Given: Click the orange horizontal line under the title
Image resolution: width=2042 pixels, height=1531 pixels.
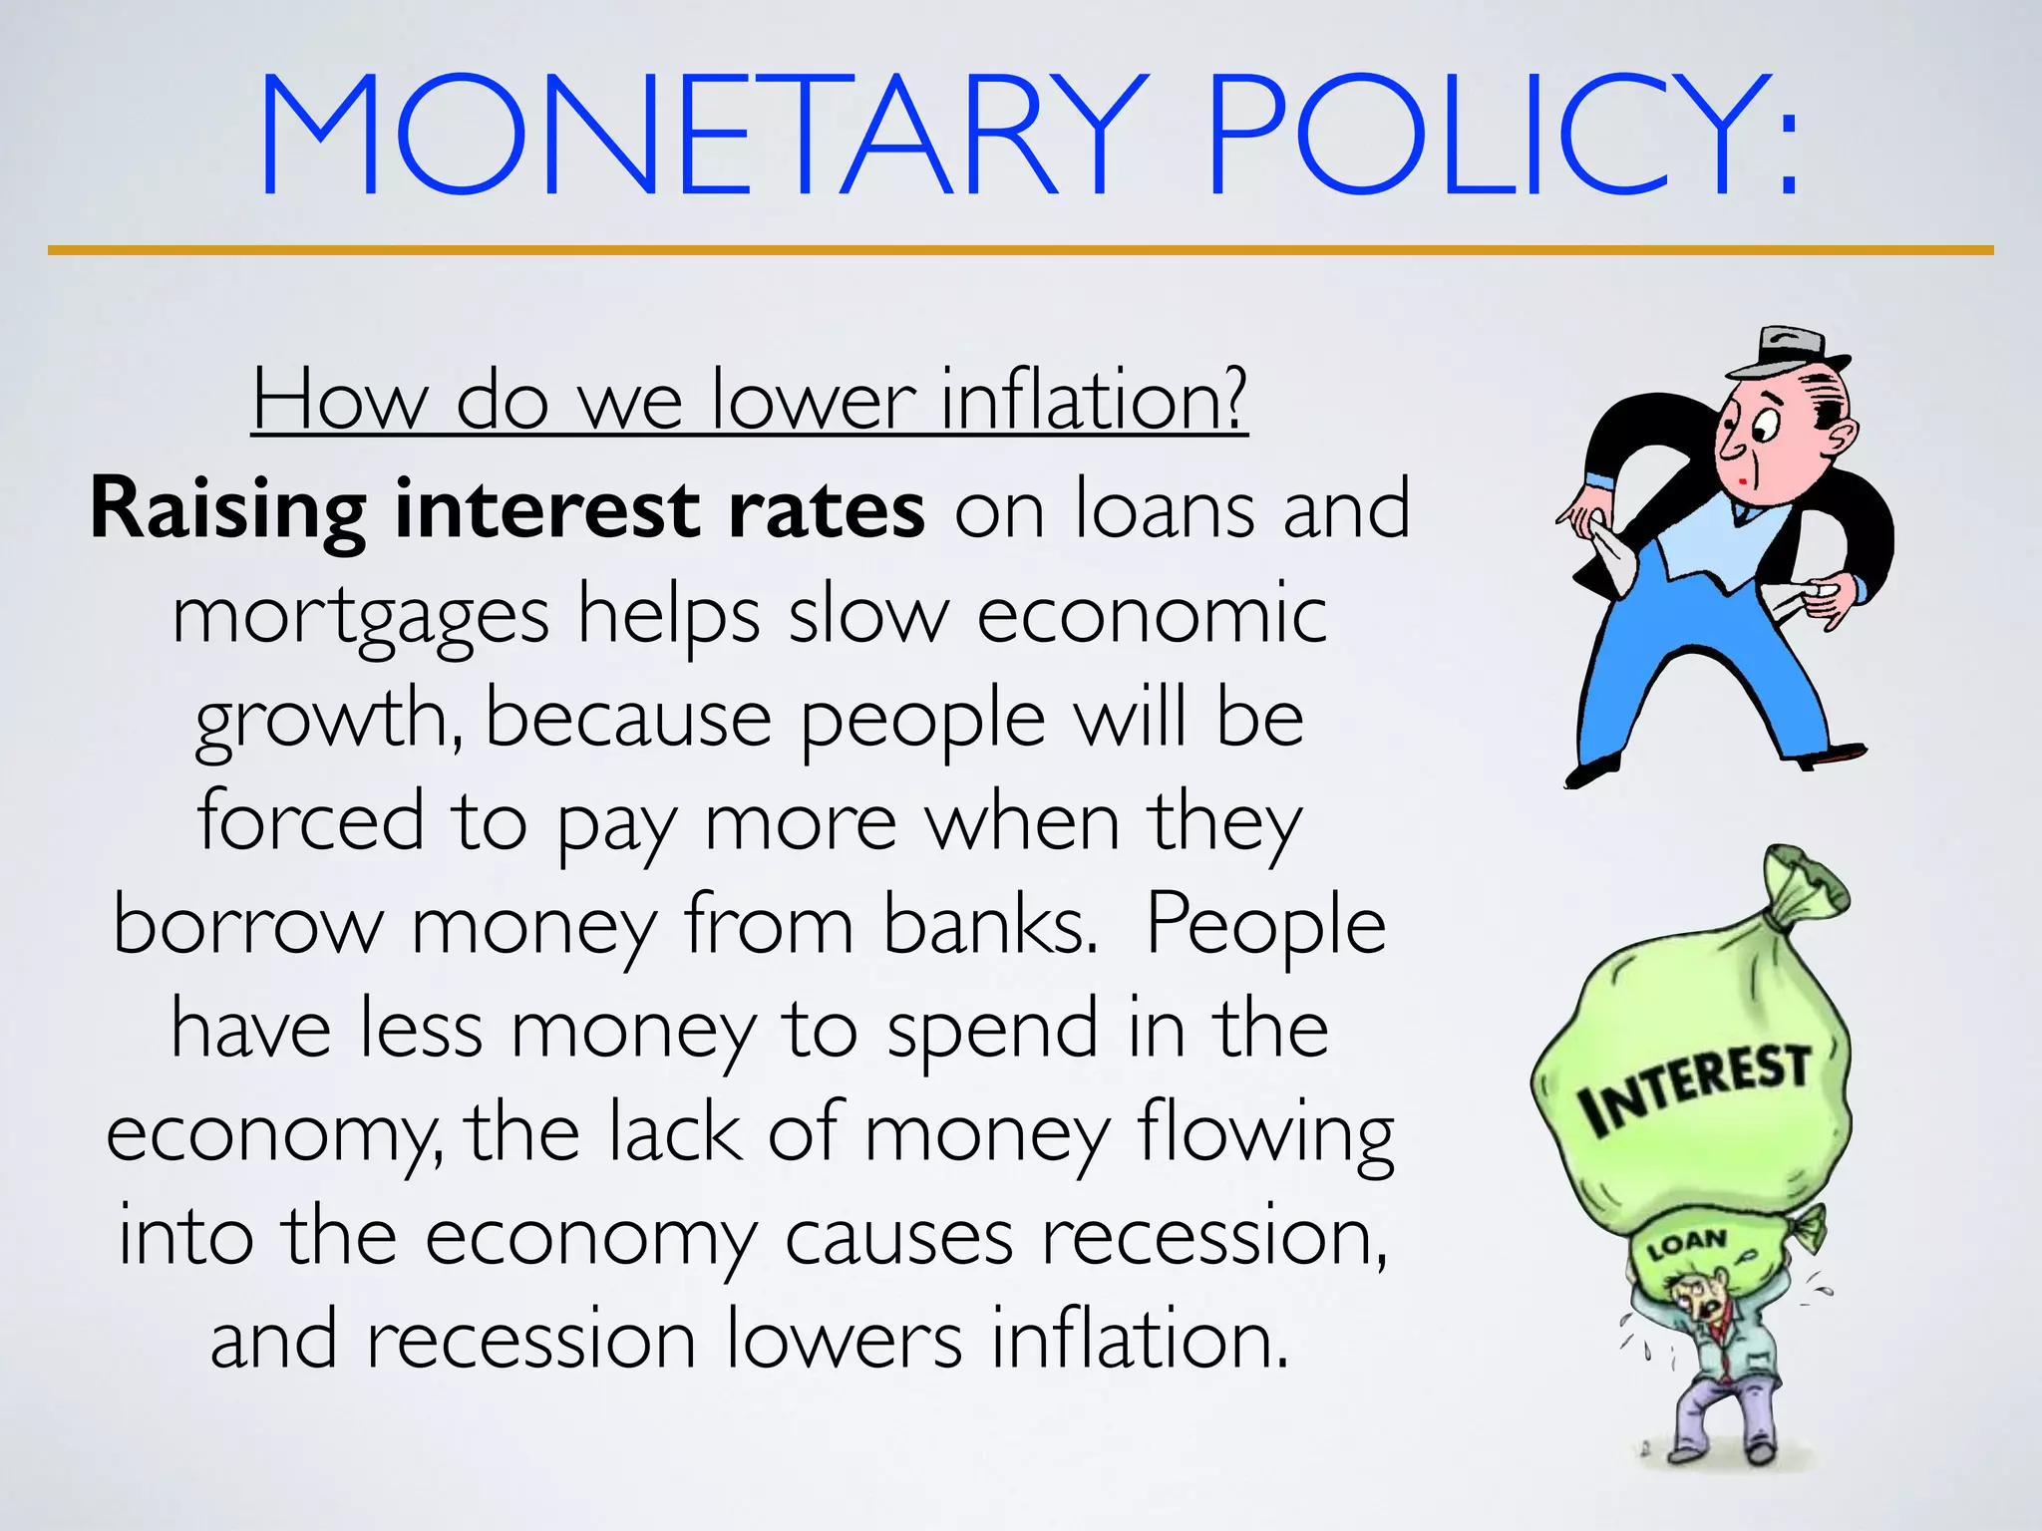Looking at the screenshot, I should pyautogui.click(x=1020, y=250).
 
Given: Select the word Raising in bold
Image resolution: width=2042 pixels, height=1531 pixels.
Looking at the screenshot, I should pyautogui.click(x=228, y=510).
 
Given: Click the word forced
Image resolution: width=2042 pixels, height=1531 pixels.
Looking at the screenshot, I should pyautogui.click(x=310, y=822).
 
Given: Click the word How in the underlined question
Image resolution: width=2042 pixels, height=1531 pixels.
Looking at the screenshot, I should pyautogui.click(x=339, y=401).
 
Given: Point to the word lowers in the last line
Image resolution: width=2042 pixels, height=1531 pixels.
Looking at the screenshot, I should pyautogui.click(x=844, y=1341).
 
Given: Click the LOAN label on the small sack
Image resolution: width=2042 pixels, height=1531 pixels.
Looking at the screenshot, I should pyautogui.click(x=1687, y=1245).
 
